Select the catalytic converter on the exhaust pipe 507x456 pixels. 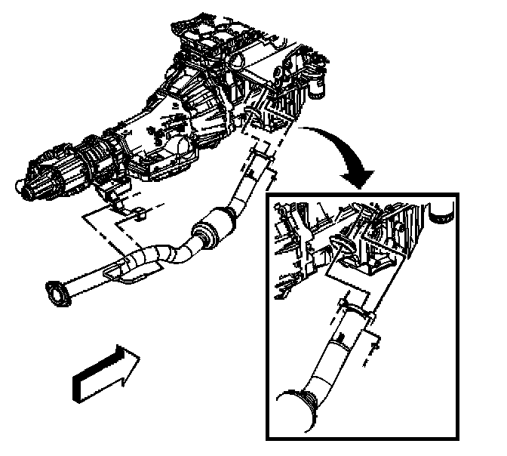(x=213, y=228)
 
